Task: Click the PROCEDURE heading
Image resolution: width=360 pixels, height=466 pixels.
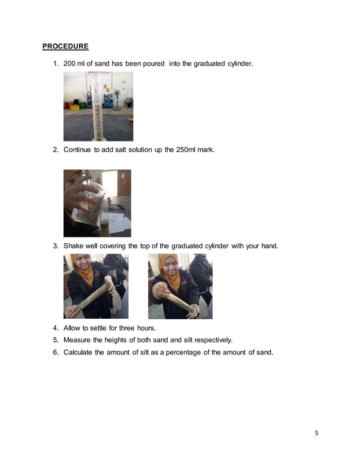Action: [x=65, y=46]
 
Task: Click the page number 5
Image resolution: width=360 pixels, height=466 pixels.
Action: [x=317, y=433]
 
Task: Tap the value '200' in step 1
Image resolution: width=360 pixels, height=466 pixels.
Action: [x=70, y=64]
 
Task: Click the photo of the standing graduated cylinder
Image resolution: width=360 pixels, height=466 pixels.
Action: [x=98, y=106]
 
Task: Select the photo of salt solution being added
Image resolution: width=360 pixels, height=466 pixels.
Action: [x=97, y=203]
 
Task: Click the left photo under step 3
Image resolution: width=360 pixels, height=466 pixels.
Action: [x=96, y=286]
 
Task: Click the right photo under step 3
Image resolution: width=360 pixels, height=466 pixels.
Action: [x=180, y=286]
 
